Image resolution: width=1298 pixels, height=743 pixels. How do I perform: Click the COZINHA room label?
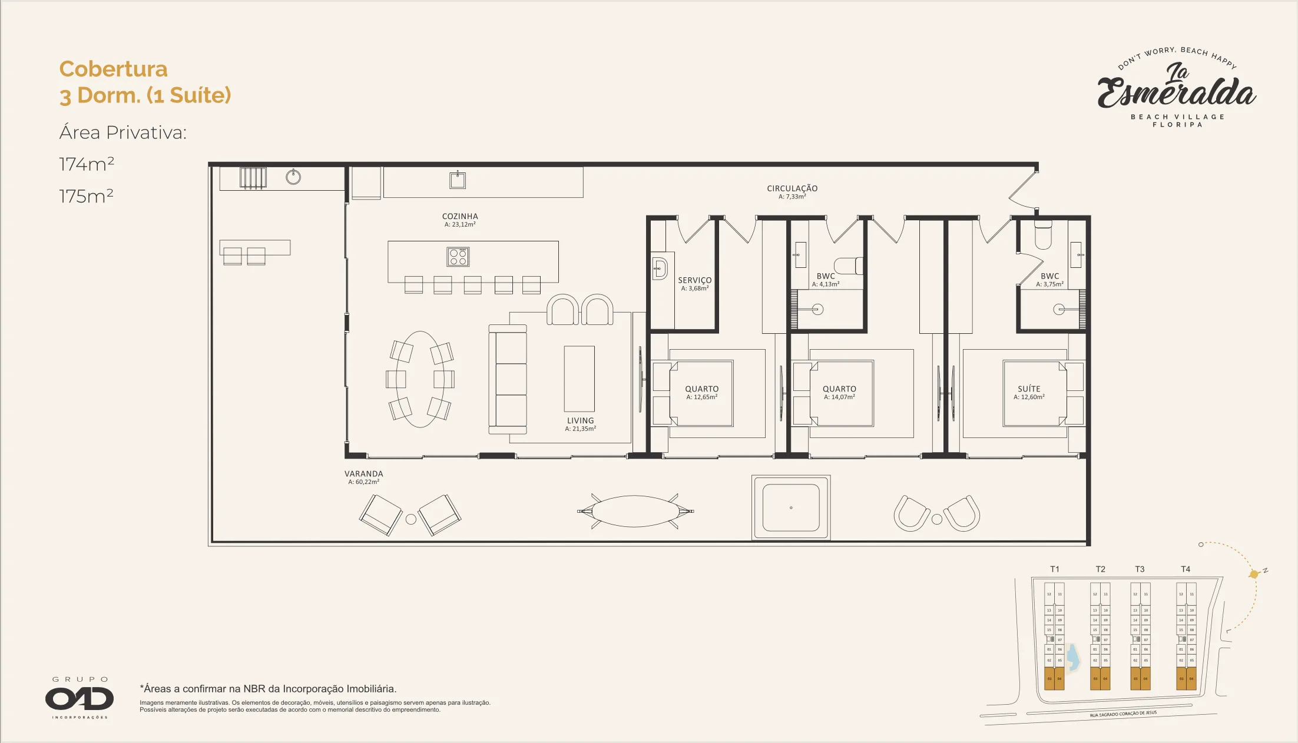click(x=460, y=217)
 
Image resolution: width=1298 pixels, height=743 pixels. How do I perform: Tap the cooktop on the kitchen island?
click(x=458, y=257)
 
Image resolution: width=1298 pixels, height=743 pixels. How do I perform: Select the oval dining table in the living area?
click(x=420, y=379)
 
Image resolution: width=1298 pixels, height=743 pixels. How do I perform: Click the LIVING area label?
click(x=580, y=421)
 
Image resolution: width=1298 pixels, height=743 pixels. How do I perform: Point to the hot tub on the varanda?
click(x=791, y=508)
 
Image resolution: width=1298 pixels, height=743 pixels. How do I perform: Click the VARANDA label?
click(x=363, y=474)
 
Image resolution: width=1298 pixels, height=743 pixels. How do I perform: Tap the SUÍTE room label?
click(x=1029, y=389)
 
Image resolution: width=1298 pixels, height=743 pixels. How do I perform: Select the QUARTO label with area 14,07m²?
click(x=839, y=389)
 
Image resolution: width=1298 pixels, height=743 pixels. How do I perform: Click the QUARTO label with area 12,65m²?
click(x=701, y=389)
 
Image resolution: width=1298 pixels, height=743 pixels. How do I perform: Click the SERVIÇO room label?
click(x=694, y=281)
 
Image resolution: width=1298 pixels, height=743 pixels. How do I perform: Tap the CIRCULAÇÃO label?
click(x=792, y=188)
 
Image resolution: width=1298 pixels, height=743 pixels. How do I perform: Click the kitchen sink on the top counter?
click(x=458, y=180)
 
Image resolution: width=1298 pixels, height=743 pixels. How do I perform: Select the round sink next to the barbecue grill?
click(x=293, y=177)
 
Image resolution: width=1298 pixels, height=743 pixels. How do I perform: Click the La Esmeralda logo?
click(x=1177, y=88)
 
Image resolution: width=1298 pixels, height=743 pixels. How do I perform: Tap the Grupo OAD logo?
click(x=80, y=699)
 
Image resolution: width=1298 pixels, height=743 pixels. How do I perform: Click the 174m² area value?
click(x=87, y=164)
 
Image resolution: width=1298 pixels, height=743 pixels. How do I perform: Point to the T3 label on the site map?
click(x=1140, y=569)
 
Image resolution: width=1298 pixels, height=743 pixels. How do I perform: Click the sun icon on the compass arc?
click(x=1254, y=574)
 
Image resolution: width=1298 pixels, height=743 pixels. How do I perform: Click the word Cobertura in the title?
click(x=113, y=69)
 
